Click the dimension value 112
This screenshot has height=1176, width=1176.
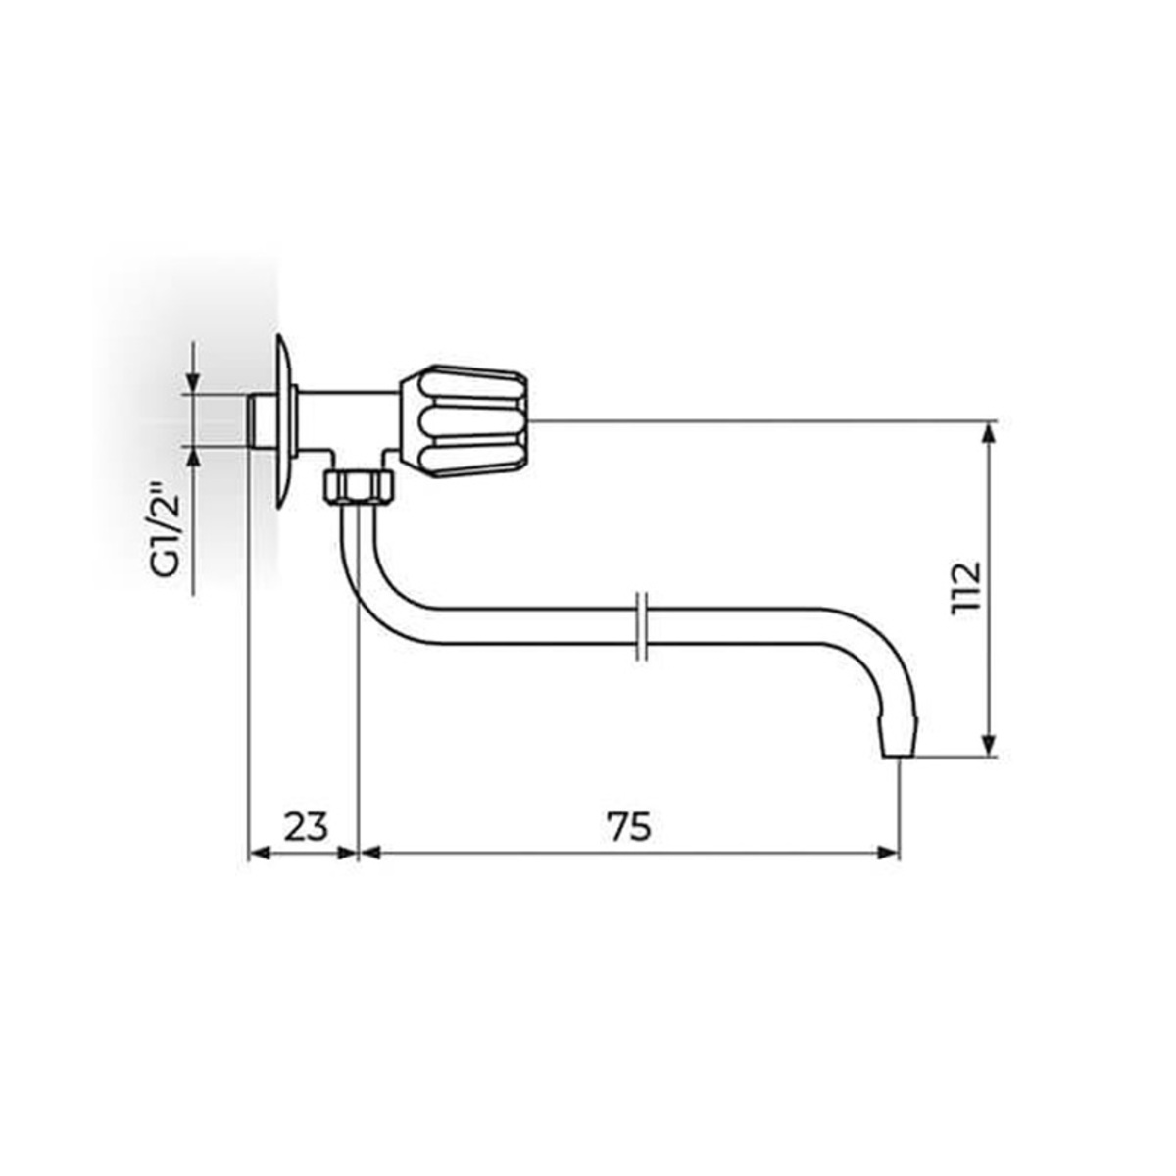coord(965,585)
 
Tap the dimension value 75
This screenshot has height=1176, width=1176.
coord(630,828)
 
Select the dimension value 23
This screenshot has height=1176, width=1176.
coord(306,828)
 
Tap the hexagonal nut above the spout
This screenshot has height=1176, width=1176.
coord(359,486)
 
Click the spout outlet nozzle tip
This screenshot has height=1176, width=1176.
coord(900,739)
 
